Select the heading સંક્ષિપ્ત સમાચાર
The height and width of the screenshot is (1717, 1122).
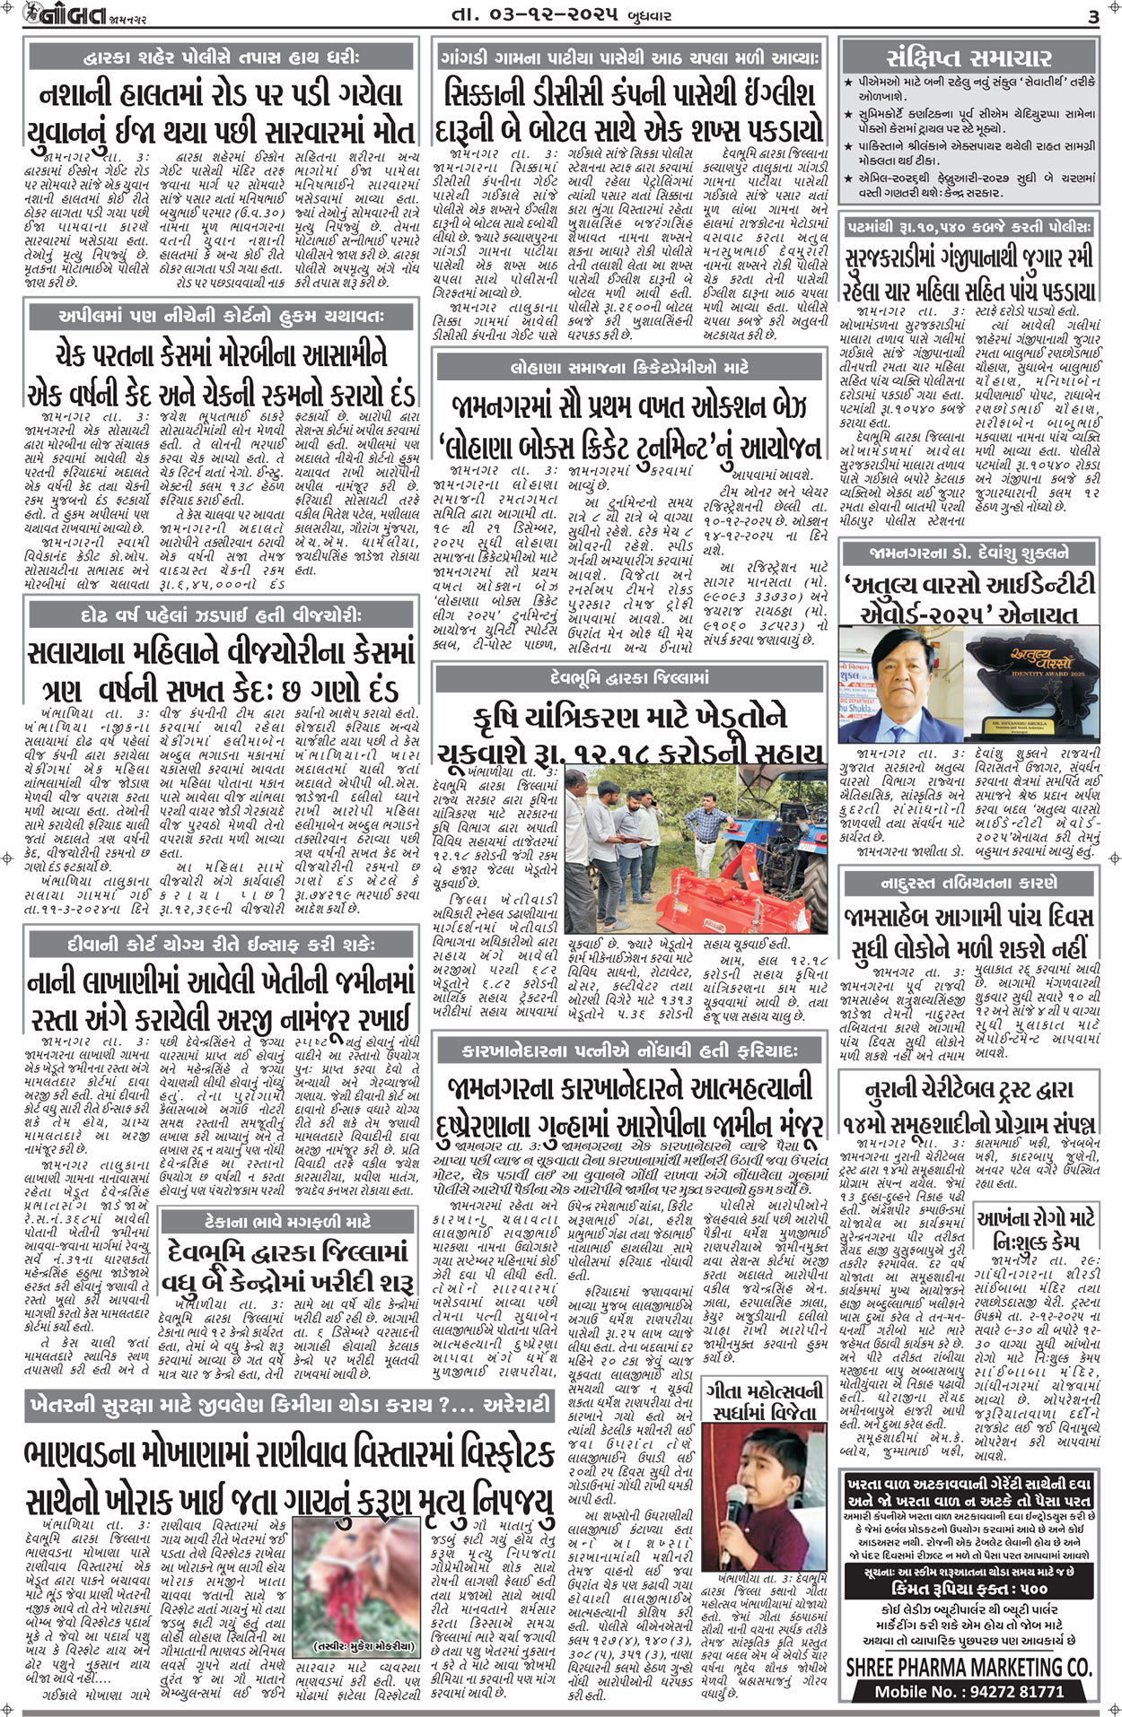[969, 58]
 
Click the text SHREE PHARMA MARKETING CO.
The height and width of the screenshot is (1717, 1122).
[969, 1668]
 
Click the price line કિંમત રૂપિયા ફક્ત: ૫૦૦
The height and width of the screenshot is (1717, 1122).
[969, 1588]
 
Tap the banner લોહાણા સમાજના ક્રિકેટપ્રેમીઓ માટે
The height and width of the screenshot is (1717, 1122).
[628, 368]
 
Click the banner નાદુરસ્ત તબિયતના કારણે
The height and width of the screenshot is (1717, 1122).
[969, 883]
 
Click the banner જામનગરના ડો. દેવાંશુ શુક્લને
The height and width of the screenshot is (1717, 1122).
[969, 553]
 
